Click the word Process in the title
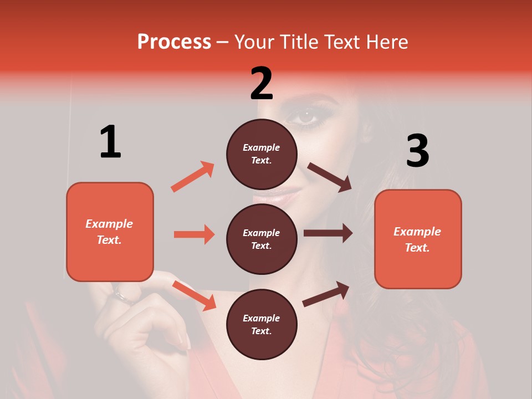pyautogui.click(x=174, y=42)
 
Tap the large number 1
pyautogui.click(x=110, y=142)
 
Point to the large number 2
pyautogui.click(x=262, y=84)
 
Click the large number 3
pyautogui.click(x=417, y=151)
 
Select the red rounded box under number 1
pyautogui.click(x=110, y=232)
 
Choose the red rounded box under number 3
pyautogui.click(x=418, y=239)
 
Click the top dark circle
pyautogui.click(x=262, y=154)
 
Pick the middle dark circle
pyautogui.click(x=262, y=239)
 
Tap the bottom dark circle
pyautogui.click(x=262, y=324)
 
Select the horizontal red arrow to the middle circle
pyautogui.click(x=194, y=234)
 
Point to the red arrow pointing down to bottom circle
pyautogui.click(x=194, y=295)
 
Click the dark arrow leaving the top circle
pyautogui.click(x=329, y=177)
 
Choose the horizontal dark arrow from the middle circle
pyautogui.click(x=328, y=233)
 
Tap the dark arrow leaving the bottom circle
pyautogui.click(x=326, y=294)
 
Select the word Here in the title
pyautogui.click(x=386, y=42)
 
